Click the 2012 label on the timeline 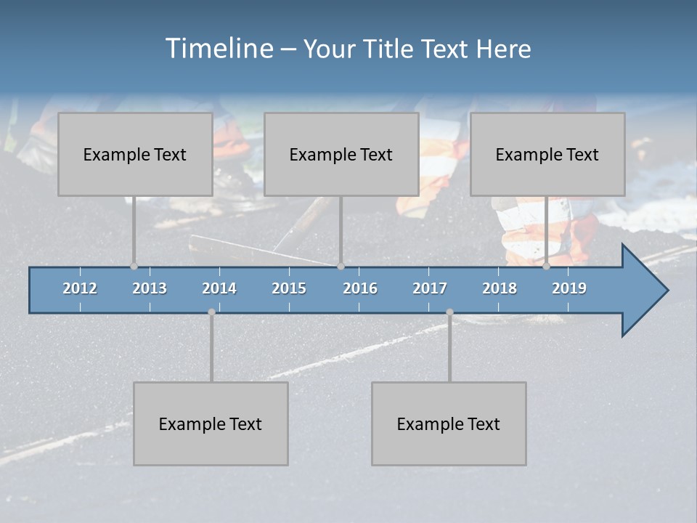click(x=80, y=288)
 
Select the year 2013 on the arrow click(x=150, y=288)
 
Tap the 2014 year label click(x=219, y=288)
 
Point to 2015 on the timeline click(x=289, y=288)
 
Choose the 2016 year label click(x=360, y=288)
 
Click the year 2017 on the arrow click(x=430, y=288)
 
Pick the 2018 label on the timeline click(x=500, y=288)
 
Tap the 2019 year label click(x=569, y=288)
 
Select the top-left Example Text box click(x=135, y=154)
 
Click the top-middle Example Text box click(x=341, y=154)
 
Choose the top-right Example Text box click(x=547, y=154)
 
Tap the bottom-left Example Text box click(x=211, y=423)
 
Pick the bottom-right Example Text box click(x=449, y=423)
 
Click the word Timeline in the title click(x=219, y=49)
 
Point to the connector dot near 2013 click(x=134, y=267)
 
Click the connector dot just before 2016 click(x=341, y=267)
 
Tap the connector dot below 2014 click(x=211, y=312)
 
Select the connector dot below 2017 click(x=449, y=312)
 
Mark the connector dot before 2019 click(x=547, y=267)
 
